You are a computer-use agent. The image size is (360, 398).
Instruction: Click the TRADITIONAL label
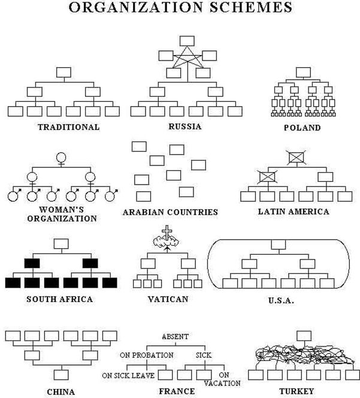pyautogui.click(x=68, y=127)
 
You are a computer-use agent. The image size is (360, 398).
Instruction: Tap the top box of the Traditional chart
pyautogui.click(x=63, y=73)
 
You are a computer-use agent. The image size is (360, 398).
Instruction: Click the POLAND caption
pyautogui.click(x=302, y=128)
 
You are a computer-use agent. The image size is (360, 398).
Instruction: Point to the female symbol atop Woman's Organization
pyautogui.click(x=60, y=159)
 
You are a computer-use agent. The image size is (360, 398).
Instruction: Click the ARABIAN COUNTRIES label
pyautogui.click(x=170, y=212)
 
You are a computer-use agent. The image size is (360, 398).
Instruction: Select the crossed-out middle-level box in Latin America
pyautogui.click(x=267, y=177)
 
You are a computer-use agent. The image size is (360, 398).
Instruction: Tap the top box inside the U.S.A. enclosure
pyautogui.click(x=278, y=245)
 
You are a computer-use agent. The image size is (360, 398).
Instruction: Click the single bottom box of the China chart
pyautogui.click(x=60, y=375)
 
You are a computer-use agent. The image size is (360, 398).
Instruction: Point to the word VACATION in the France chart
pyautogui.click(x=225, y=383)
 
